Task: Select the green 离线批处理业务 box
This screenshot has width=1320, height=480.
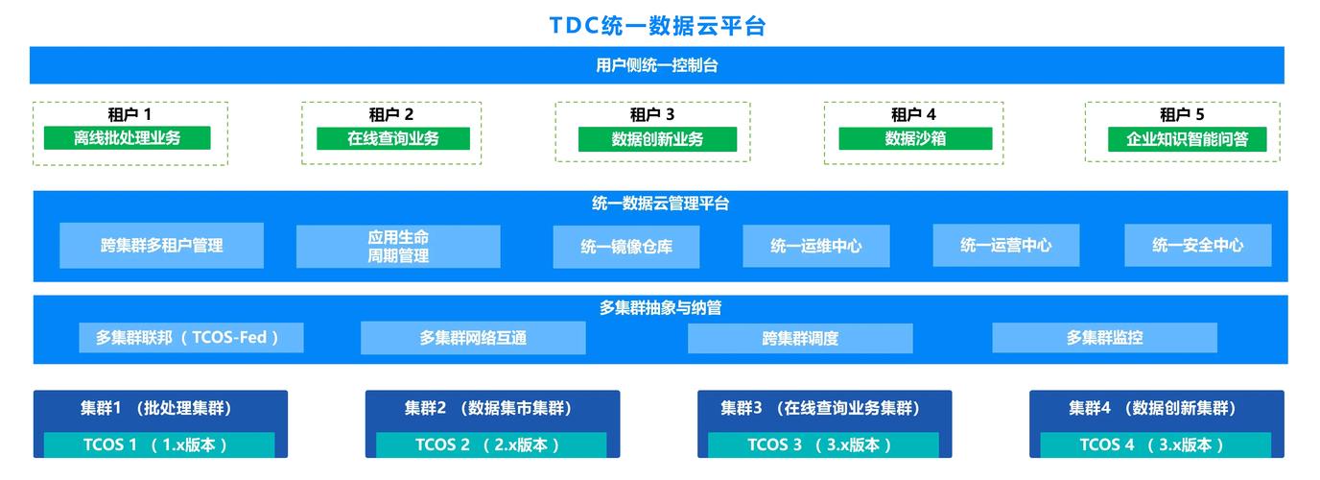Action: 128,138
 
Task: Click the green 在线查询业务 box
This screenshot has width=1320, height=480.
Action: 393,138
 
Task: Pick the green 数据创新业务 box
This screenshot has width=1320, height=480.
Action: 657,139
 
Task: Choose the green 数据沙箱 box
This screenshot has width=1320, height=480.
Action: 915,138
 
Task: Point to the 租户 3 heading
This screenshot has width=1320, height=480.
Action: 652,114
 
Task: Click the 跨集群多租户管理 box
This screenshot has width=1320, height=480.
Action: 161,246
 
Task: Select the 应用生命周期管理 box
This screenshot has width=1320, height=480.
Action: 398,247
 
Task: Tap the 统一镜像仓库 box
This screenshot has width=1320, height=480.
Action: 626,247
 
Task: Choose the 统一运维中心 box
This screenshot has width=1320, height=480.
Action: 816,246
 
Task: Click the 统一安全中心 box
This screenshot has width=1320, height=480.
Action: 1198,246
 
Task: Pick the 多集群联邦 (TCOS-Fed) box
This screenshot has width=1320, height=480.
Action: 191,338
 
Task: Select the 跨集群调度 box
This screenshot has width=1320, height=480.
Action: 800,339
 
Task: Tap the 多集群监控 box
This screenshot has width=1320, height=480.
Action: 1104,338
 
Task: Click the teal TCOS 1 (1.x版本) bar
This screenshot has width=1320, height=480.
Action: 159,444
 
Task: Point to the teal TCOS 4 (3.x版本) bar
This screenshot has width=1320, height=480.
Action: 1156,444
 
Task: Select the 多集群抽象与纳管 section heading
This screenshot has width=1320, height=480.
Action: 660,308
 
